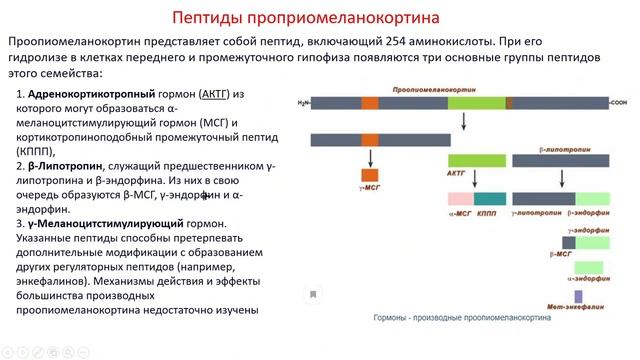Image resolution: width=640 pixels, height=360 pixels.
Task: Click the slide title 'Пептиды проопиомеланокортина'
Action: click(319, 18)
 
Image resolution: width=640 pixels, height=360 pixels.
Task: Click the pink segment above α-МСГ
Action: click(460, 199)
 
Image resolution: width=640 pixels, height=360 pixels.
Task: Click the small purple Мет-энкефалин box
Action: click(579, 294)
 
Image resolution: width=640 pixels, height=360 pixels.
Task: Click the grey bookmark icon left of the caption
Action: click(313, 294)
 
